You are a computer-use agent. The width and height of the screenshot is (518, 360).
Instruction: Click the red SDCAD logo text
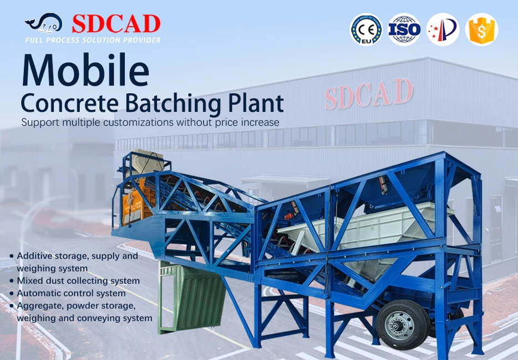point(116,24)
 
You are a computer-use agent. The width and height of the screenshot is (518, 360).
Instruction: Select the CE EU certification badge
point(365,30)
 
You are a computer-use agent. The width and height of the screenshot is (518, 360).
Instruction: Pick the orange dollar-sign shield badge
point(481,30)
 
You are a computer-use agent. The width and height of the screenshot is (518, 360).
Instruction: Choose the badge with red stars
point(443,30)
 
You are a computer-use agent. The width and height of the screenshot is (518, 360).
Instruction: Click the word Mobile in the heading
point(85,70)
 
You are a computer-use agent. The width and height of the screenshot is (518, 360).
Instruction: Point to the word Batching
point(171,104)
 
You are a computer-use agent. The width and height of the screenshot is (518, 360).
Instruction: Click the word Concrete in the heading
point(71,104)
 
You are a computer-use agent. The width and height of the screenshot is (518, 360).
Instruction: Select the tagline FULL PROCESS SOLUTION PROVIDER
point(93,40)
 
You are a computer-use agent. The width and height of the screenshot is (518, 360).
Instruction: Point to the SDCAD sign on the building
point(369,94)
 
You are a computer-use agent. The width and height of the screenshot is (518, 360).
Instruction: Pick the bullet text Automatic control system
point(71,293)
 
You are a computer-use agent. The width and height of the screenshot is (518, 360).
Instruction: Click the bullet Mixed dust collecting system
point(78,281)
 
